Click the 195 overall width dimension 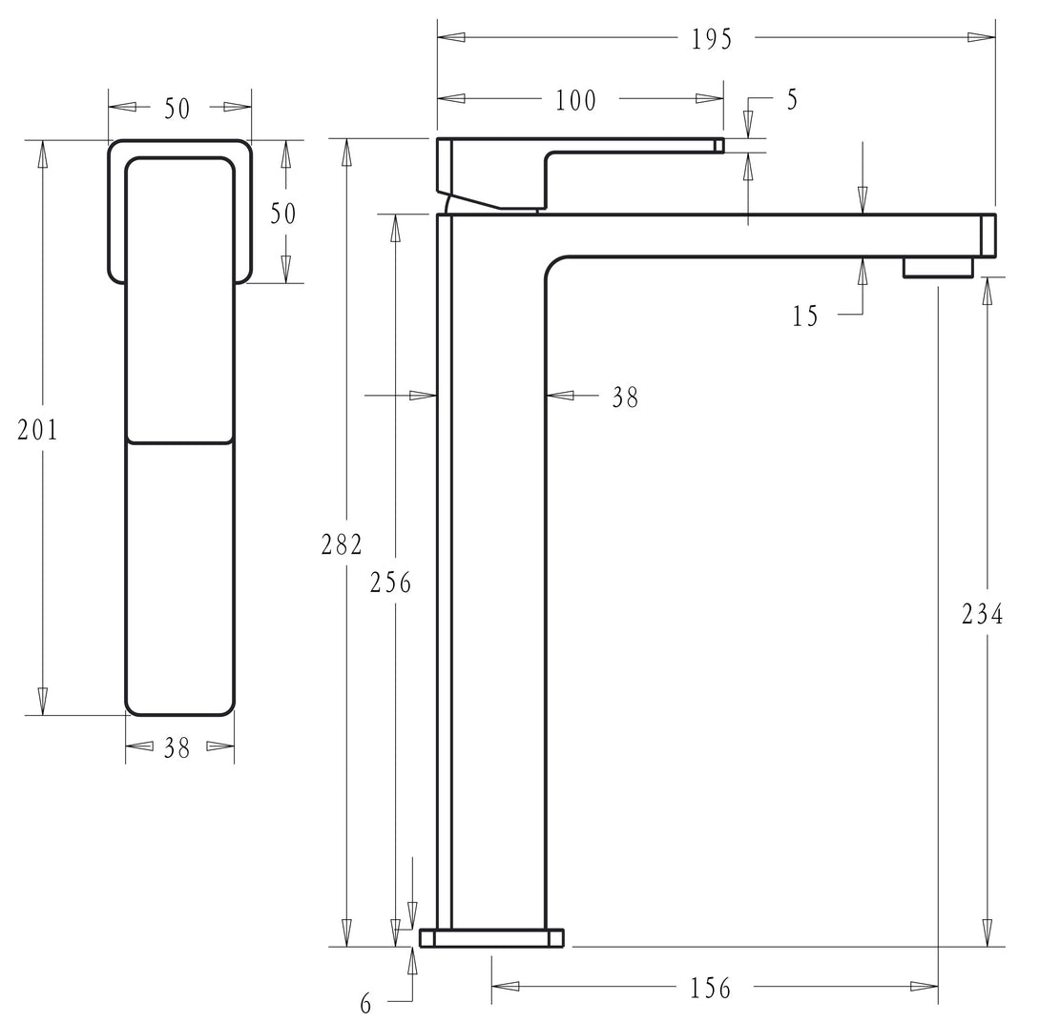point(712,38)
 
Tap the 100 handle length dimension point(575,100)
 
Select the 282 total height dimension point(342,544)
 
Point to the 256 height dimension point(390,582)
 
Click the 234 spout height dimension point(983,614)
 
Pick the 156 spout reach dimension point(711,988)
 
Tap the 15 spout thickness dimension point(805,317)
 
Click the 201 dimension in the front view point(38,429)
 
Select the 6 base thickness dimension point(366,1004)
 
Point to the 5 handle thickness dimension point(792,99)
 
